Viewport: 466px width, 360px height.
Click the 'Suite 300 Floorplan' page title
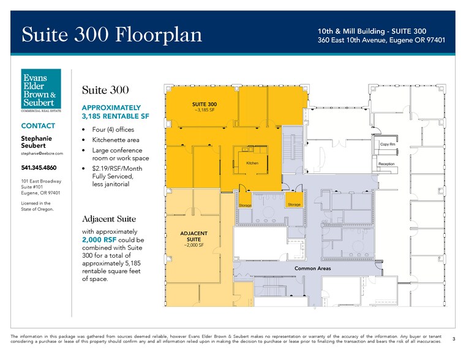coord(112,35)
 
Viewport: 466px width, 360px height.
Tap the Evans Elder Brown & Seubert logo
coord(41,91)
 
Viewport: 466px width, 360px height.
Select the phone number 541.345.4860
coord(39,168)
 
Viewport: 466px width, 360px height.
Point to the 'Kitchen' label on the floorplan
coord(252,163)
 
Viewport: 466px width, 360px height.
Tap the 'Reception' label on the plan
coord(386,164)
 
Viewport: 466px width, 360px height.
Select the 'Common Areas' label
coord(313,269)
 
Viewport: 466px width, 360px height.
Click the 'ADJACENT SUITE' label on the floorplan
coord(194,236)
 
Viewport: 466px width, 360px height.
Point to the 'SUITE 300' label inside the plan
coord(205,105)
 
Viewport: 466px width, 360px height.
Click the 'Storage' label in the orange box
coord(294,204)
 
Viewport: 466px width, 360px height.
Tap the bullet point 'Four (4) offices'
coord(113,130)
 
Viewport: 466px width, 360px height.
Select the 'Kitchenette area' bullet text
coord(116,140)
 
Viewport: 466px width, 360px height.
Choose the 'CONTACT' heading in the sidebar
coord(39,126)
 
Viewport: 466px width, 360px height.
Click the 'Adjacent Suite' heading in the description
coord(109,219)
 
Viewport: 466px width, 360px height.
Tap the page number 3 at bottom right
coord(454,339)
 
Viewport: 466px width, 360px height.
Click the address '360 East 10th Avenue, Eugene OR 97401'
coord(381,40)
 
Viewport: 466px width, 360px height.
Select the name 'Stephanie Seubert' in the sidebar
coord(37,143)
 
